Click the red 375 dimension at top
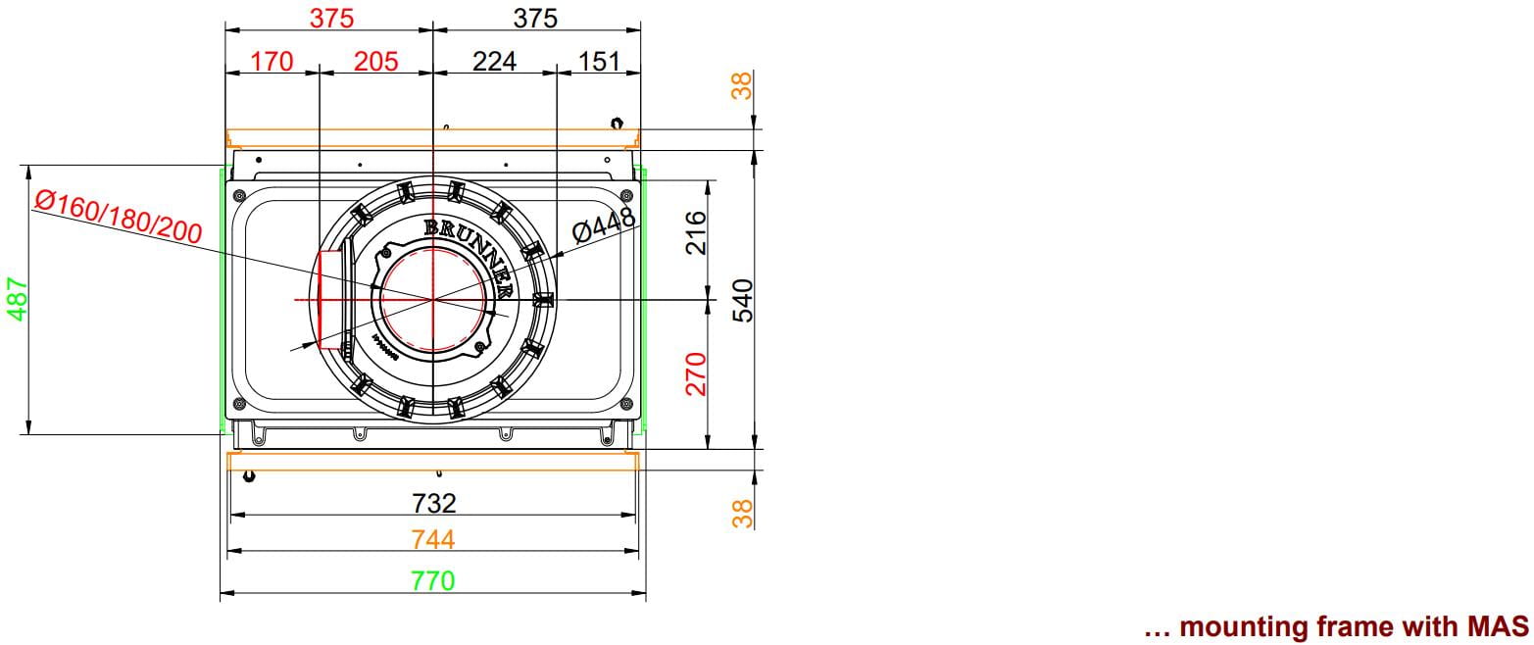click(x=331, y=18)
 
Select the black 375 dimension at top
click(x=535, y=18)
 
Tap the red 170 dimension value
click(x=272, y=62)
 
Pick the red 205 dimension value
click(x=376, y=62)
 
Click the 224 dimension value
click(x=494, y=62)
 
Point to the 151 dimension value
click(x=599, y=62)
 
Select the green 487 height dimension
click(x=17, y=299)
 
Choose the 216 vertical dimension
click(x=696, y=232)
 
